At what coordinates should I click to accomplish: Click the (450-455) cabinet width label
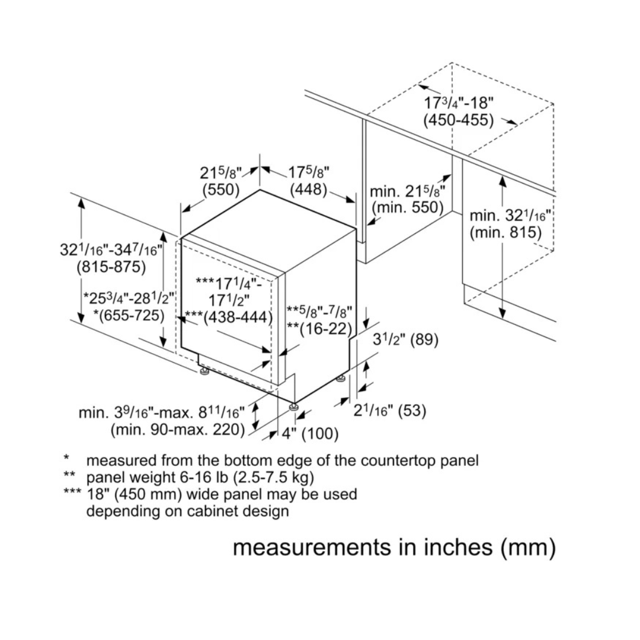click(458, 120)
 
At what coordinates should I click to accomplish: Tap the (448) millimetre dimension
click(308, 190)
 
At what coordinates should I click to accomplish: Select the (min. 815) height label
click(505, 233)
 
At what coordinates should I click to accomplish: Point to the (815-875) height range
click(111, 267)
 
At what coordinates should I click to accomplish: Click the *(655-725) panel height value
click(129, 315)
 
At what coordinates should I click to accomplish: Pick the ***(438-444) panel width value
click(228, 317)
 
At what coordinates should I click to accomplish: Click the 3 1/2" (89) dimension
click(405, 340)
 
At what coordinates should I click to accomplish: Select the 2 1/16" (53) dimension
click(390, 410)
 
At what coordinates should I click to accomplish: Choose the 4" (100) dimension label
click(310, 434)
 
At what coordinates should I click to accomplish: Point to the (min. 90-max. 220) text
click(178, 430)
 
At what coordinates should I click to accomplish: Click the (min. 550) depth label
click(407, 207)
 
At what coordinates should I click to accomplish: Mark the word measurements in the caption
click(309, 547)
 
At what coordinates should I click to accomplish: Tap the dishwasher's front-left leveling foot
click(205, 372)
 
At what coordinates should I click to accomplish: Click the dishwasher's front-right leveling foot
click(294, 407)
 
